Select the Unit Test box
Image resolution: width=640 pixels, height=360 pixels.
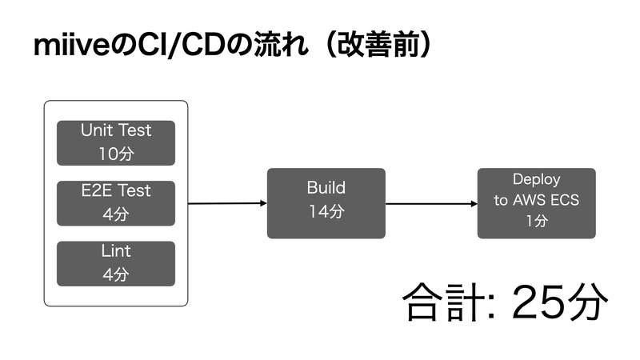[x=116, y=143]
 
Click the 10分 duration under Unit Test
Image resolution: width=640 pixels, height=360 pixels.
[x=116, y=154]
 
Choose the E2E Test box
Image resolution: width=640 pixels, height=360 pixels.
[x=116, y=203]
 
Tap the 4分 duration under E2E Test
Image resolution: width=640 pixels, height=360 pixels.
[x=116, y=214]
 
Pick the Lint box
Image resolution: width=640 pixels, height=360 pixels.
[x=116, y=264]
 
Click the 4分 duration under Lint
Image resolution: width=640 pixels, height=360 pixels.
[x=116, y=274]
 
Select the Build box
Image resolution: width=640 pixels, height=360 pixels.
[x=326, y=203]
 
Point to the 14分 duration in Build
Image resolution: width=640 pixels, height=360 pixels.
[x=326, y=211]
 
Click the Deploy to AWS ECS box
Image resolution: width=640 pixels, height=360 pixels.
[x=536, y=203]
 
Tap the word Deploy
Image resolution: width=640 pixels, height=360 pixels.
[x=536, y=179]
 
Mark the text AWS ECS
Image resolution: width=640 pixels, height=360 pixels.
[x=546, y=200]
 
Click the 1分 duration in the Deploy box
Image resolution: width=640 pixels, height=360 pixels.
[x=537, y=221]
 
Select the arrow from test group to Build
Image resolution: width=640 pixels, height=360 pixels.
[x=227, y=203]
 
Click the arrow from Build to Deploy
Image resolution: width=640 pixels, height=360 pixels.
[x=431, y=204]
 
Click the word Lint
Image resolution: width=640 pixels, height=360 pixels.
[x=116, y=250]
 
